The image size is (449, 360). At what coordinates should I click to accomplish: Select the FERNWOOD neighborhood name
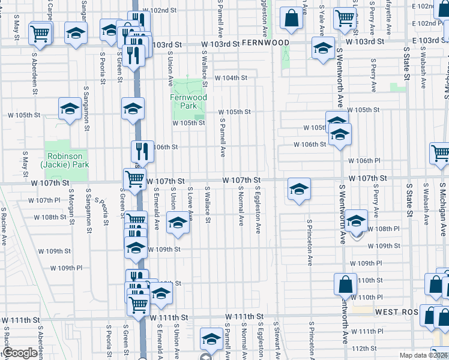266,43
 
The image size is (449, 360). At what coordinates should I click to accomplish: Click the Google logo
20,353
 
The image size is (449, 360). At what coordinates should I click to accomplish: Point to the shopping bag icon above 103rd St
291,19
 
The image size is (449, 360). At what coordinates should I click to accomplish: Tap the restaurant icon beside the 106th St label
143,152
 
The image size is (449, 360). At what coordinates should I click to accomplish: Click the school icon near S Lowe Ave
178,223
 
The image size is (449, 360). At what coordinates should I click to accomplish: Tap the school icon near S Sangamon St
70,109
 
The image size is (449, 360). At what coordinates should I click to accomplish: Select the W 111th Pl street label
372,331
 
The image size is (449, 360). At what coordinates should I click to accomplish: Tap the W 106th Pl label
365,161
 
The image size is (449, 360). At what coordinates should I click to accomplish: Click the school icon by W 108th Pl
356,222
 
